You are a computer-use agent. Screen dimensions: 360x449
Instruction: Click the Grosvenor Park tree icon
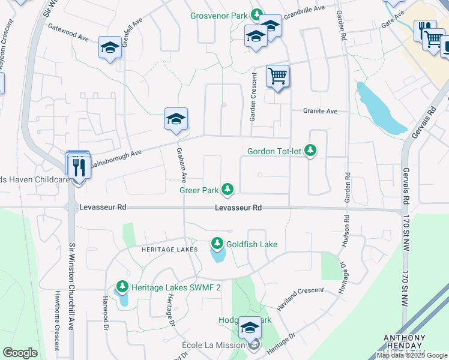257,14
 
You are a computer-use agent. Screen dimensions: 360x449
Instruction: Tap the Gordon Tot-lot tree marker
310,150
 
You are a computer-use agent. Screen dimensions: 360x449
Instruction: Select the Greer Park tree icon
228,190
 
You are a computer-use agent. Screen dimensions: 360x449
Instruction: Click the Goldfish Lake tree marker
217,244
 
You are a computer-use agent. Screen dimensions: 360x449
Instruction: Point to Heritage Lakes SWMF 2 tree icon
122,287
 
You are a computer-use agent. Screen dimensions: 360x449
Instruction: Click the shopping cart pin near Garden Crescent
277,77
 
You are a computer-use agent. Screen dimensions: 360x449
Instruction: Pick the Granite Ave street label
321,111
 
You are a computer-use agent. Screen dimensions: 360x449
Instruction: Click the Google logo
20,353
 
